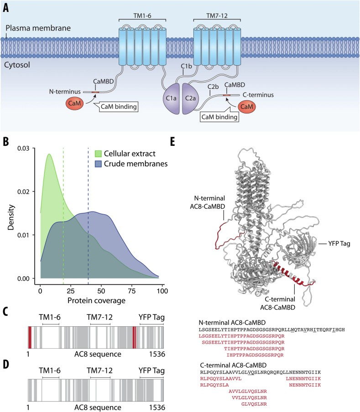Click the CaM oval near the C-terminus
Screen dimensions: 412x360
tap(246, 107)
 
